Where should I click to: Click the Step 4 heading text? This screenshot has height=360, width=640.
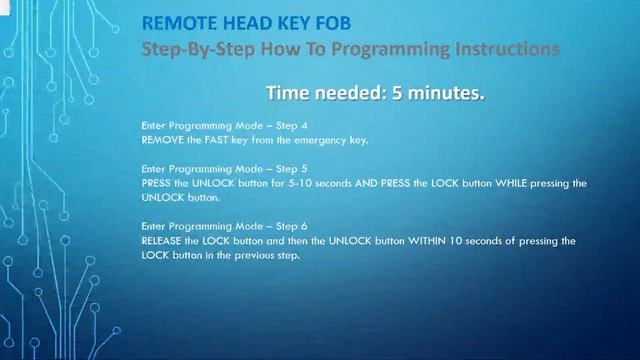pos(200,126)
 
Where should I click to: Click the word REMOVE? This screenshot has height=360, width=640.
pos(163,140)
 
